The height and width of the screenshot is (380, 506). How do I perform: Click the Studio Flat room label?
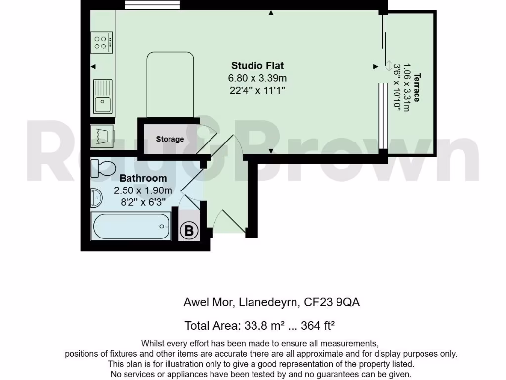pos(257,65)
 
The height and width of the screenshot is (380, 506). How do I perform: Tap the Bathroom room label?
pos(143,178)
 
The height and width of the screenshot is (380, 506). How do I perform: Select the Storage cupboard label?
pos(169,139)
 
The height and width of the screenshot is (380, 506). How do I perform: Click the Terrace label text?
pos(416,87)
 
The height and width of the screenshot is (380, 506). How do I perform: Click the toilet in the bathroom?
pos(103,168)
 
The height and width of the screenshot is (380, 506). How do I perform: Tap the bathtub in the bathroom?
pos(131,226)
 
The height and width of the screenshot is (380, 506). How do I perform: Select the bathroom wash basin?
pos(96,199)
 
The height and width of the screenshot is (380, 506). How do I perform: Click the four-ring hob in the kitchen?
pos(102,42)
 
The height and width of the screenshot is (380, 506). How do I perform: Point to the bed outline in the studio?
pos(170,84)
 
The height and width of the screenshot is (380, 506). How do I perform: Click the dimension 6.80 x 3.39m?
pos(257,78)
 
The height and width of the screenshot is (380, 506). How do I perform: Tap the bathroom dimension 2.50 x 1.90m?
pos(143,190)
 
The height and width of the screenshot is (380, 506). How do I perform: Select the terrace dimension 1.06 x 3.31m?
pos(406,87)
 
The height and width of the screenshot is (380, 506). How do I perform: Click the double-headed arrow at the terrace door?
pos(389,66)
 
